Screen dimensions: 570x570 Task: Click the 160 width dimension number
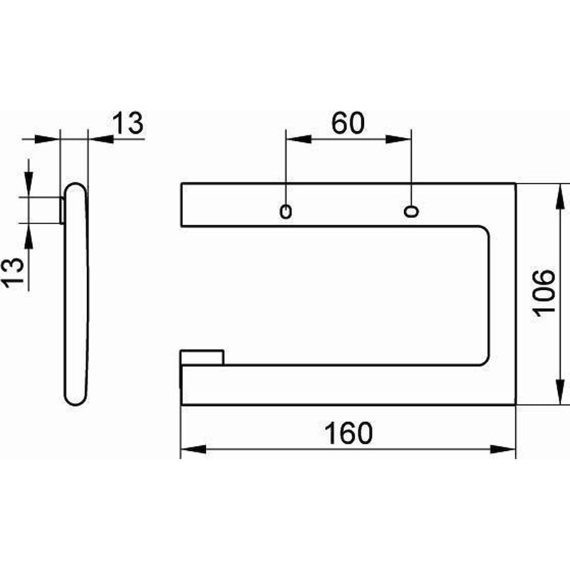pos(348,433)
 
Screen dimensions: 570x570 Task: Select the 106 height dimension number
pos(544,294)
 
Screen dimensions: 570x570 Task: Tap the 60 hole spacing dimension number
pos(348,123)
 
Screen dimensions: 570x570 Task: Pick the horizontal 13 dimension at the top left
pos(128,123)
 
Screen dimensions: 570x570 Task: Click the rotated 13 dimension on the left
pos(14,273)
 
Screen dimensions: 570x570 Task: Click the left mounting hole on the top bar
pos(286,212)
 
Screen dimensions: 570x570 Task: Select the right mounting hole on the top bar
pos(411,211)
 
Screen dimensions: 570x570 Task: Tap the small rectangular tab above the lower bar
pos(202,357)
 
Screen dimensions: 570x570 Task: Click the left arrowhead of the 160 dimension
pos(193,450)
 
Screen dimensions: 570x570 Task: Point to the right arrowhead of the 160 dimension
pos(503,450)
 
